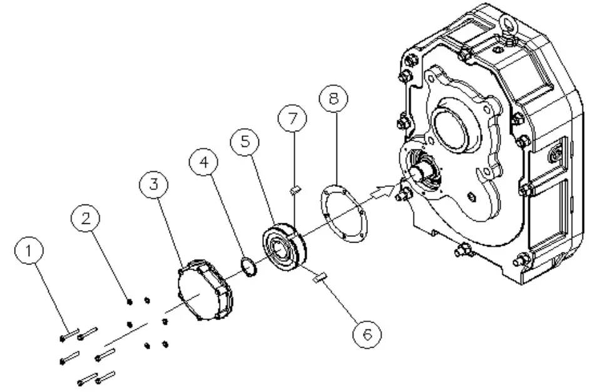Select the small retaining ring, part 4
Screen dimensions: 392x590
[248, 268]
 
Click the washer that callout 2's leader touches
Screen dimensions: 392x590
[128, 301]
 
